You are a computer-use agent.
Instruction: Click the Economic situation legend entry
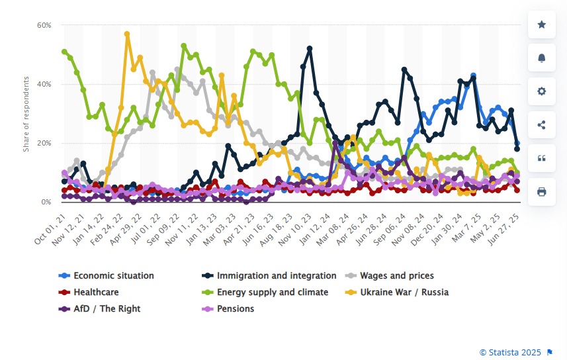(x=113, y=275)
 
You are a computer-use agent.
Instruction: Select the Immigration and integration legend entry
(x=277, y=275)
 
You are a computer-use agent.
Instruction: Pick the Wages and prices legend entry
(x=396, y=275)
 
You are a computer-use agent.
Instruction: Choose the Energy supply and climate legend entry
(x=273, y=292)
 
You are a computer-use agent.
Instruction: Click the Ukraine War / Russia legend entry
(x=404, y=292)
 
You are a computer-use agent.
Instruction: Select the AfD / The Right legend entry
(x=107, y=308)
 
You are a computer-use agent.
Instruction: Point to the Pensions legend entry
(x=235, y=308)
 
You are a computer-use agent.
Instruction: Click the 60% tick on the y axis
(x=44, y=25)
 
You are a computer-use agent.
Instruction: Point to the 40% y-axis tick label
(x=44, y=84)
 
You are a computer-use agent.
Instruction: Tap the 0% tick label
(x=46, y=202)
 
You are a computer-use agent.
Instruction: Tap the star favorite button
(x=541, y=24)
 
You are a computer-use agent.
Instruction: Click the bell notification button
(x=541, y=58)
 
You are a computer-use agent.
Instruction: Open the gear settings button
(x=541, y=91)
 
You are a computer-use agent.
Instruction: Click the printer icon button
(x=541, y=192)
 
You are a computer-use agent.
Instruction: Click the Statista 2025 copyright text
(x=510, y=351)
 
